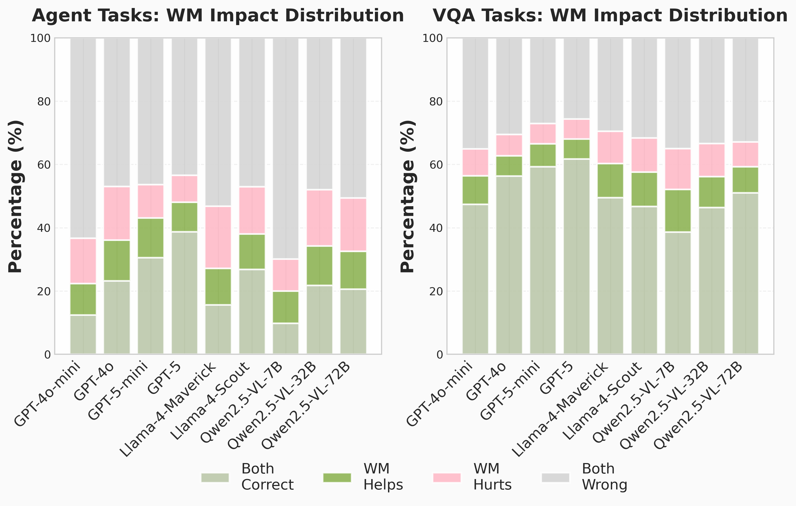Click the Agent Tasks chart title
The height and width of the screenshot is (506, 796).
coord(218,15)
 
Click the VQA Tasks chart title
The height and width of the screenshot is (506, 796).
coord(610,15)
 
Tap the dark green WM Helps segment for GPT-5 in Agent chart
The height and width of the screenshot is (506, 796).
coord(184,217)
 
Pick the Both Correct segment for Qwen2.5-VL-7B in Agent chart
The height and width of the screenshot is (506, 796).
coord(286,338)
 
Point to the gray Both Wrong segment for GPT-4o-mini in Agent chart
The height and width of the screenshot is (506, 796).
coord(83,138)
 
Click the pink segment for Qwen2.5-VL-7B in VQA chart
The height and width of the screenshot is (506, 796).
coord(678,169)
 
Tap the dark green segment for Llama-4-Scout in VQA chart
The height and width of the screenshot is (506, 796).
coord(644,189)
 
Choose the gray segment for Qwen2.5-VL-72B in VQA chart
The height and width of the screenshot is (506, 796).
coord(745,90)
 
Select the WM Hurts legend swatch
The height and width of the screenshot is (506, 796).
coord(447,477)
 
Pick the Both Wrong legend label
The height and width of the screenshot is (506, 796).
coord(604,477)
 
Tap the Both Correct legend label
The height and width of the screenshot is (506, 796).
coord(267,477)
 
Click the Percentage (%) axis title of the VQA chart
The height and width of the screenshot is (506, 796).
coord(407,196)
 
